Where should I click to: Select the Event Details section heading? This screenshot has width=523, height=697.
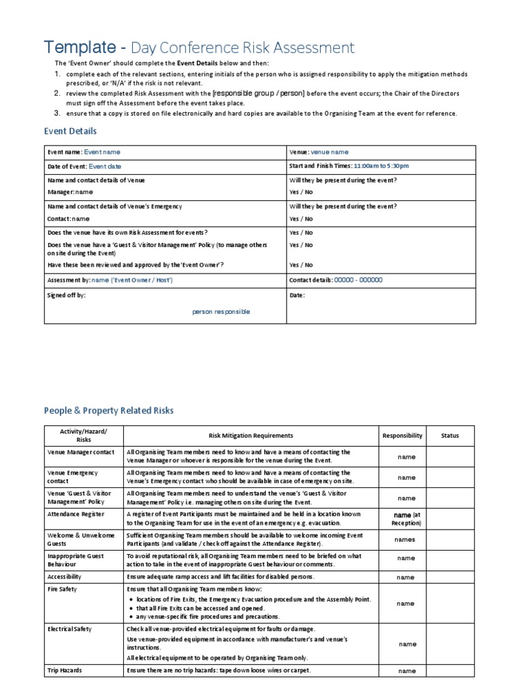(70, 131)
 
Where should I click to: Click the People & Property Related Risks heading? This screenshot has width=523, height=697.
(108, 410)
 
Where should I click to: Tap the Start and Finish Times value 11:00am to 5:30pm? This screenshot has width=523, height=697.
(381, 166)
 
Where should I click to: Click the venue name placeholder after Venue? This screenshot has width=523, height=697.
(330, 152)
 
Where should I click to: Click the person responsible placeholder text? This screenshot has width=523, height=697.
(221, 312)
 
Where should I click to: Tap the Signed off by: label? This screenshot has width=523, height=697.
(67, 295)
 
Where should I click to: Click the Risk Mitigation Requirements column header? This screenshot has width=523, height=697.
(251, 436)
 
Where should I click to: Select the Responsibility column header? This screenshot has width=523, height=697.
(402, 436)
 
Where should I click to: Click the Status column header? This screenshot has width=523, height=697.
(450, 436)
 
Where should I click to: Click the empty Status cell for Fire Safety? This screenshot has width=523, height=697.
(450, 603)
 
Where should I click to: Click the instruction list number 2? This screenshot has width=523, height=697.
(58, 93)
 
